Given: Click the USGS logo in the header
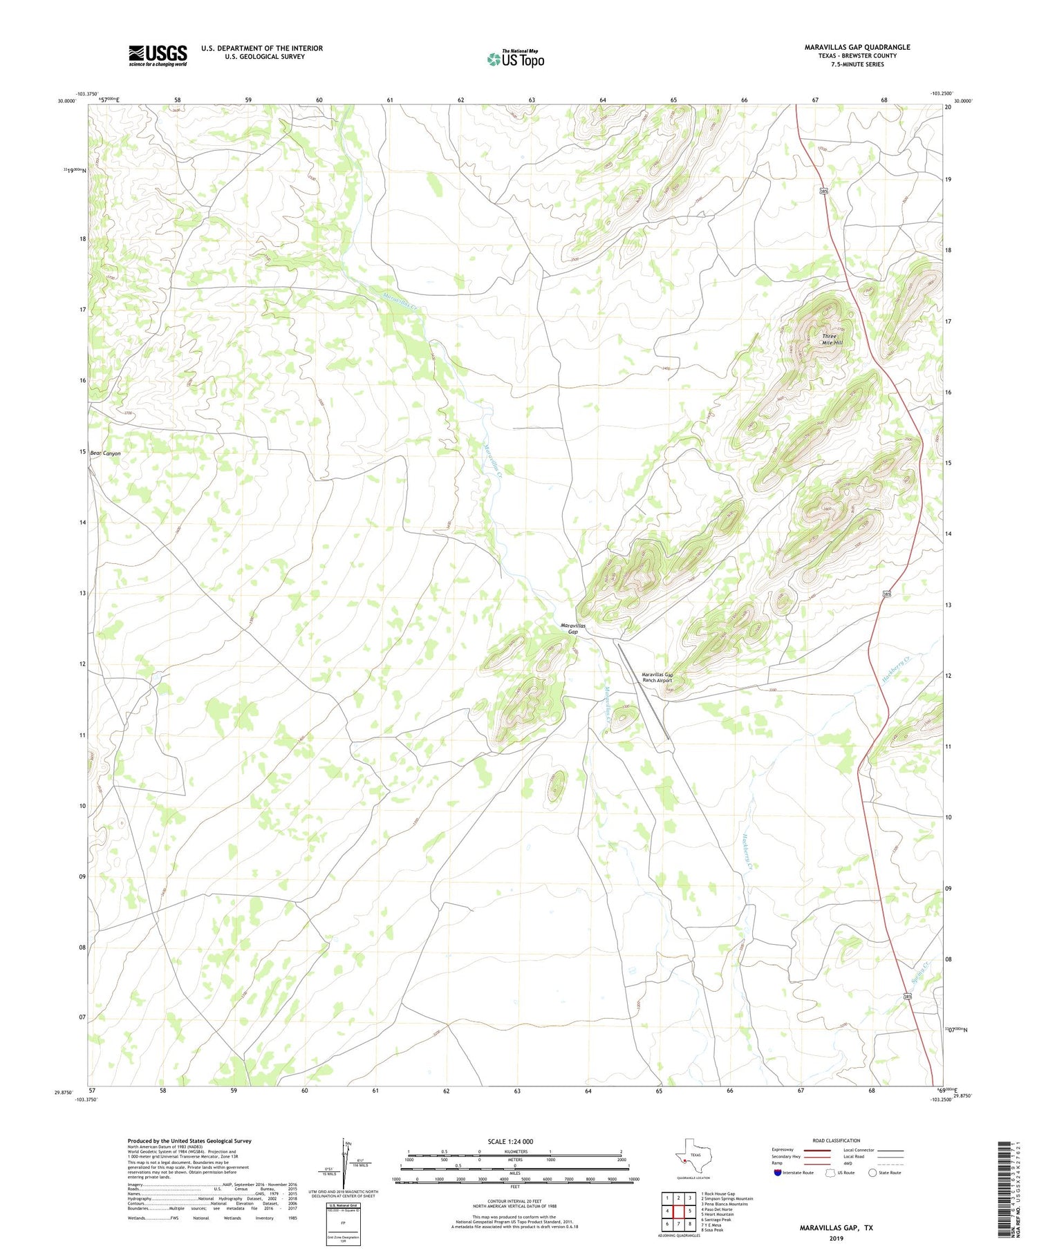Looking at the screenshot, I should coord(158,55).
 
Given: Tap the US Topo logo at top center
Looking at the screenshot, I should coord(515,59).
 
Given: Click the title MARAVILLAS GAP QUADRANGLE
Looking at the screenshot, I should coord(857,47).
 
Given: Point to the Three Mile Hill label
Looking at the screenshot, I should coord(832,339).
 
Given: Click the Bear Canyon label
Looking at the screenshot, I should coord(105,453).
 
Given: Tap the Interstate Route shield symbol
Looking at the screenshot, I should coord(777,1172).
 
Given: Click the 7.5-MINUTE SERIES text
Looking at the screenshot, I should coord(857,64).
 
